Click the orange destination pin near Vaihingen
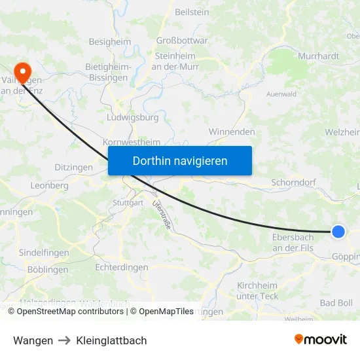point(22,71)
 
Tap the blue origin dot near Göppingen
point(338,232)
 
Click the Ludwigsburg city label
point(132,118)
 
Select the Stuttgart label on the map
point(128,203)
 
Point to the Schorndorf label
point(294,184)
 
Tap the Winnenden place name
point(232,132)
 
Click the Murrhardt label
point(318,56)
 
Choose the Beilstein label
point(192,12)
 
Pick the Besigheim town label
point(110,41)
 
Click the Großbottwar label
point(182,40)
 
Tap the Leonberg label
point(49,185)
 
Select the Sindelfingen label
point(45,252)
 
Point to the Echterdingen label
point(122,267)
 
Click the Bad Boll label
point(336,302)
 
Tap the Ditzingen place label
point(74,168)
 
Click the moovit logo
point(321,340)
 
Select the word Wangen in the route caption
point(33,340)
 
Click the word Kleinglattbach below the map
point(111,340)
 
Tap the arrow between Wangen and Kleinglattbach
point(64,340)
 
